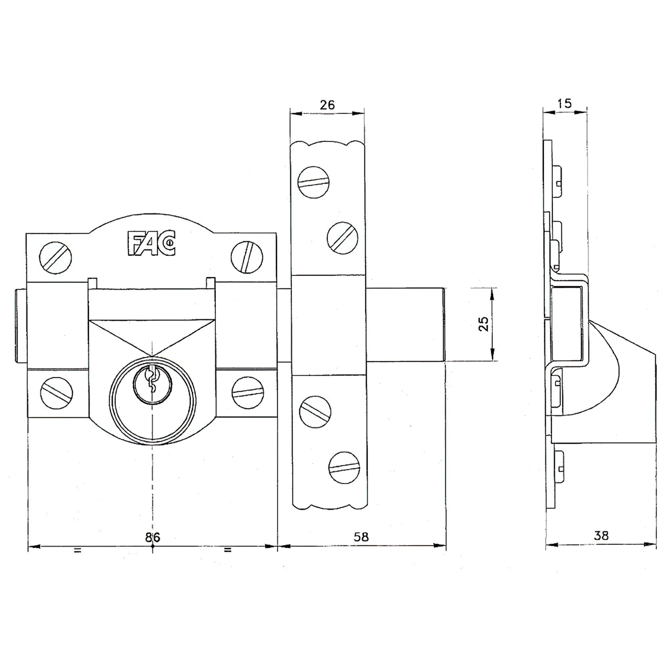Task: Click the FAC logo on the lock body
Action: point(152,243)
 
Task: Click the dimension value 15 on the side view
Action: point(565,103)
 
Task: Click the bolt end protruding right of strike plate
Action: point(406,324)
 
